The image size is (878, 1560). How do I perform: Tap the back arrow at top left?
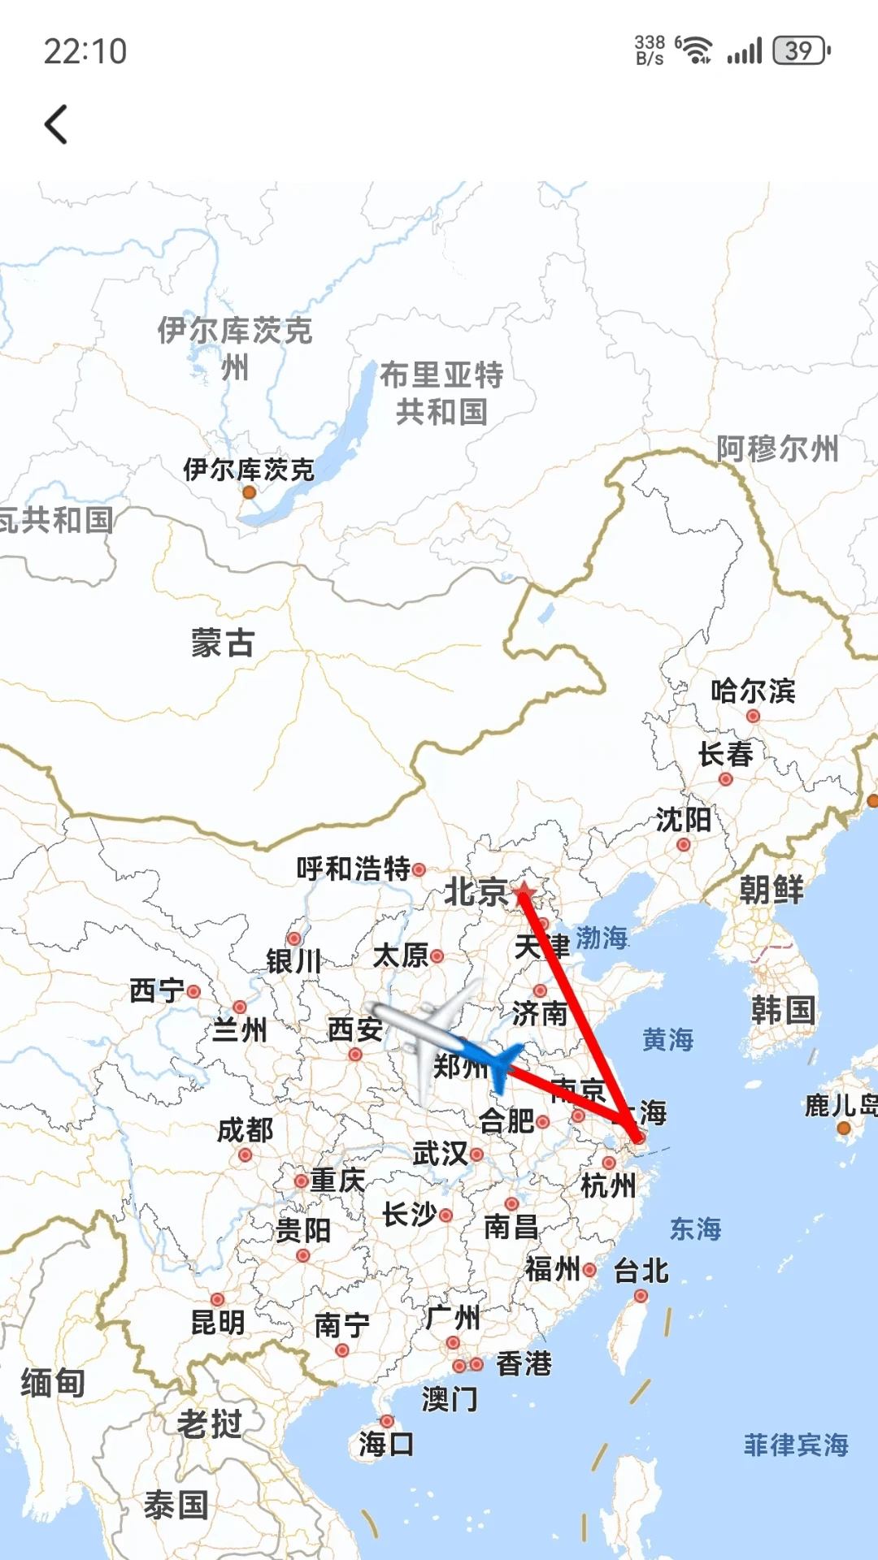point(55,124)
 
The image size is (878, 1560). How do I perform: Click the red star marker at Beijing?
point(524,891)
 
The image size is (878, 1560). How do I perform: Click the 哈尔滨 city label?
point(753,691)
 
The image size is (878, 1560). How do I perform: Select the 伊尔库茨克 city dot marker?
point(250,492)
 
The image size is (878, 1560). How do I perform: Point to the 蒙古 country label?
point(223,643)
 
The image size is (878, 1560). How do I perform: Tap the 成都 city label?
point(245,1129)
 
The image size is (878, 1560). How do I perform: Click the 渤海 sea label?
point(602,938)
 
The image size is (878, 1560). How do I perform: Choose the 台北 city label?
point(641,1270)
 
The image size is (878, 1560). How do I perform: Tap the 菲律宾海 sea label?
point(796,1445)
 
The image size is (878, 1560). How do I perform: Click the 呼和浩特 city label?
point(354,869)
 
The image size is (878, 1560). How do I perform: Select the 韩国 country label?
point(783,1010)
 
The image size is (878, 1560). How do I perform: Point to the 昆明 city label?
point(217,1323)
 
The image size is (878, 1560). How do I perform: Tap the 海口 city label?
point(386,1444)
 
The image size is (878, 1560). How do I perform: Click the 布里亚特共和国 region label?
point(441,393)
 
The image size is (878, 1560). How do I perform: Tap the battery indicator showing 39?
point(800,50)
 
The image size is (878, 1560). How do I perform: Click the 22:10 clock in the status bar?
point(85,51)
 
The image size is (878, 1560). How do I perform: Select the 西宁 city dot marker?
point(193,991)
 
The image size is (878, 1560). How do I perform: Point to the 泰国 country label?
point(176,1505)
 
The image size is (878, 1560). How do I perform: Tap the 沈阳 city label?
point(683,820)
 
